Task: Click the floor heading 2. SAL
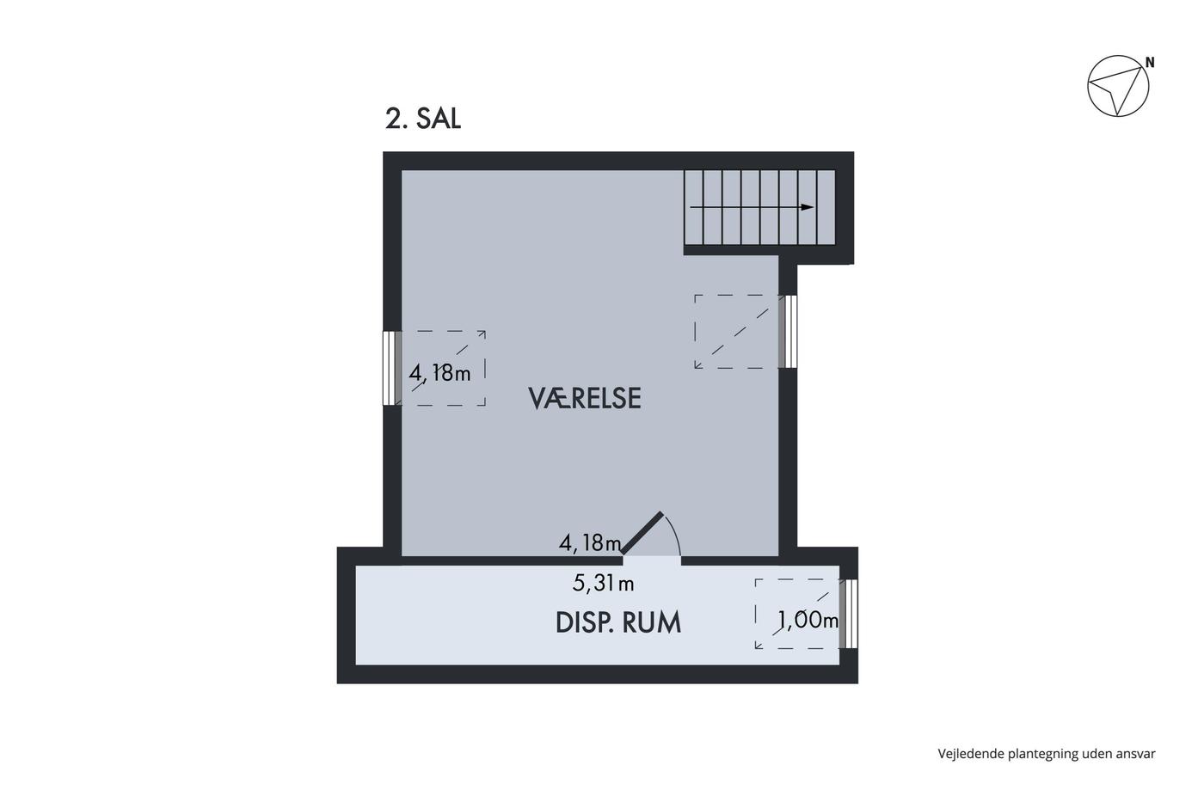[x=423, y=119]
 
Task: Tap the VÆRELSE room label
[x=585, y=398]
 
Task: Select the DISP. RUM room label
[x=618, y=622]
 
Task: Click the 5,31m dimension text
[x=603, y=584]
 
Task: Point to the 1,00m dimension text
[x=808, y=621]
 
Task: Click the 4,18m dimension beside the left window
[x=439, y=373]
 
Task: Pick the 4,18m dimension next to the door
[x=590, y=543]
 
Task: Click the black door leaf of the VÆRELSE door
[x=642, y=533]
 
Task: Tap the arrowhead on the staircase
[x=808, y=207]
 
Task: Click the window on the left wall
[x=392, y=368]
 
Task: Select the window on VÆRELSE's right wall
[x=788, y=332]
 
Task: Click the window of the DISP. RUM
[x=849, y=614]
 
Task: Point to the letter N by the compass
[x=1150, y=63]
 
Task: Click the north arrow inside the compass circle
[x=1117, y=89]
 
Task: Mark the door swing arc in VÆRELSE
[x=673, y=531]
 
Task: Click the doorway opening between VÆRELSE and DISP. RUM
[x=652, y=560]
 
